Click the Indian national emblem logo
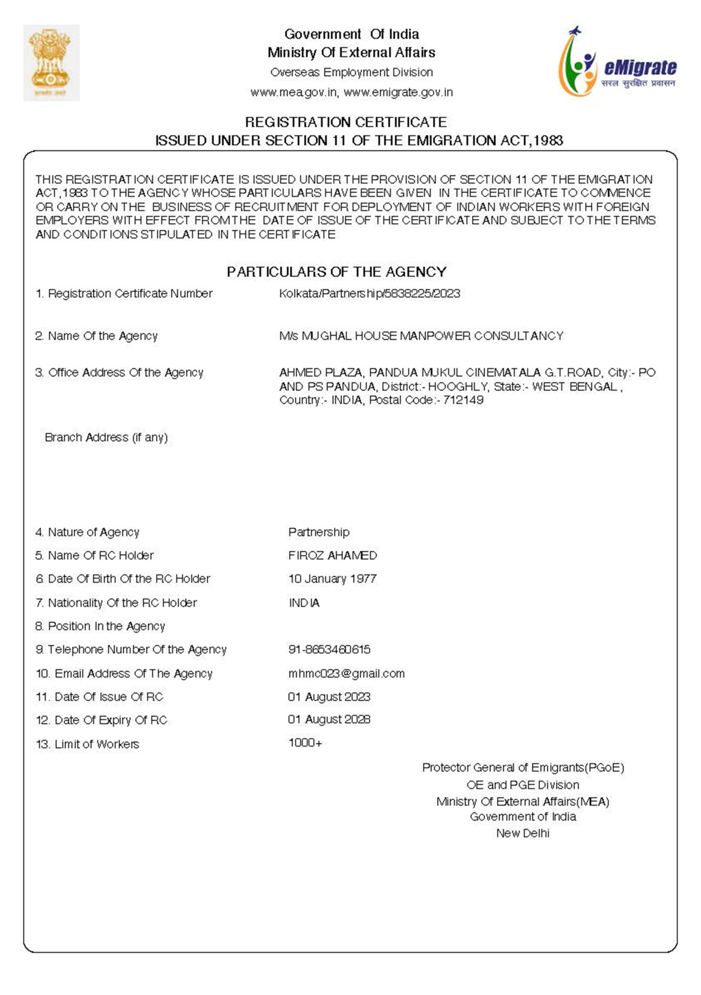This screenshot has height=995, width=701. click(51, 63)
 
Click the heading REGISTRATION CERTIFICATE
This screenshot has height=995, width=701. click(346, 122)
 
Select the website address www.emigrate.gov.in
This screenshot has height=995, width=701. click(398, 92)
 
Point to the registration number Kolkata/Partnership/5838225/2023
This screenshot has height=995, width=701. click(369, 293)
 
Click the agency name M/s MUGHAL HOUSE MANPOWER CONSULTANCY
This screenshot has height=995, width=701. click(421, 336)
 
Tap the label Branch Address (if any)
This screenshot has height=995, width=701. click(106, 437)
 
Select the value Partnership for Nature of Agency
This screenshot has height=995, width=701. click(319, 532)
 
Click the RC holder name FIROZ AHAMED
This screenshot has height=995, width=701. click(332, 555)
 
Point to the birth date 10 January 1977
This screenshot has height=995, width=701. click(332, 579)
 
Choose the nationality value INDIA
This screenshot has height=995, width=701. click(304, 603)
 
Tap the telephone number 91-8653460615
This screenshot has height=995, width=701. click(329, 649)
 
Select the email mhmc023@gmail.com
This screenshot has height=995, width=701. click(346, 674)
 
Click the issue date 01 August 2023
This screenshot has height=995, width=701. click(329, 697)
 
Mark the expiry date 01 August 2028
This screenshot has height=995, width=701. click(329, 720)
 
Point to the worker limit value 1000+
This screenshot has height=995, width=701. click(305, 743)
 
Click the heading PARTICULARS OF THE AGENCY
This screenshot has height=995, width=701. click(336, 272)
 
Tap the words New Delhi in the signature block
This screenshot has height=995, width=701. click(523, 833)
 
